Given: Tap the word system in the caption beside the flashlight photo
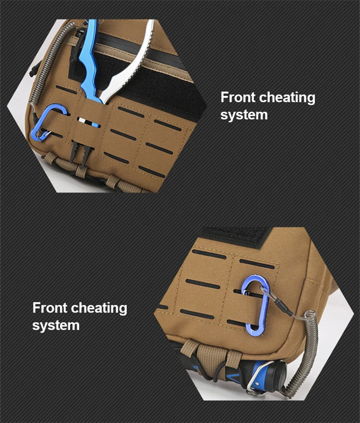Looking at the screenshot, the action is (x=56, y=326).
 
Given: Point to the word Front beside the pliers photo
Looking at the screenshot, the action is (x=238, y=97).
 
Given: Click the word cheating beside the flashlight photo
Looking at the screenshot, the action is (x=99, y=308).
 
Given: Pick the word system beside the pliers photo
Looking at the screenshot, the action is (x=244, y=115).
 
